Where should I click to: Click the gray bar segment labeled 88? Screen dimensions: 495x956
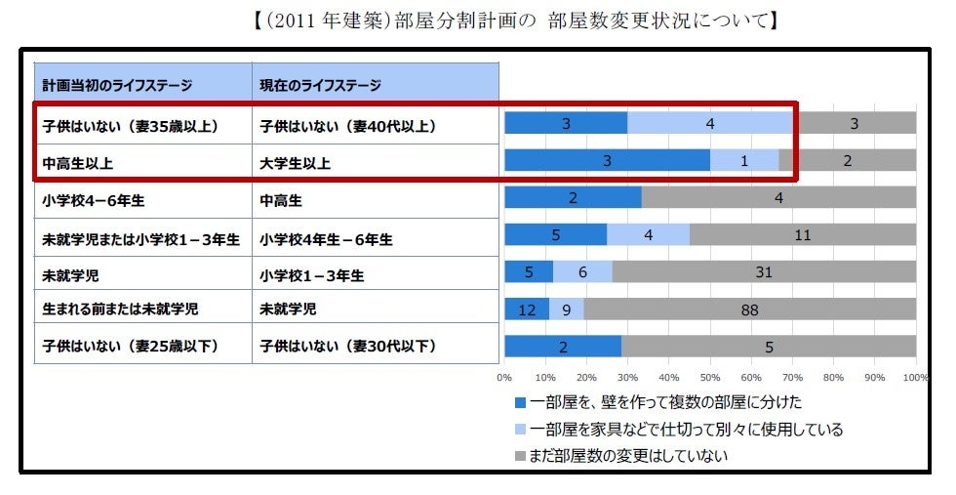749,309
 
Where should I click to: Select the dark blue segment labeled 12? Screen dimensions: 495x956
527,309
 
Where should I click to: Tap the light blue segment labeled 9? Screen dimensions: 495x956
566,309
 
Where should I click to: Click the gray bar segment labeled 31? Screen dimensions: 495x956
763,272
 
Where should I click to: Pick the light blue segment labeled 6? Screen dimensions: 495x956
582,272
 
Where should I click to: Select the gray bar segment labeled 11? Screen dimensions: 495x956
802,235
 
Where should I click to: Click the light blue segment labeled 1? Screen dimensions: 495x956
743,161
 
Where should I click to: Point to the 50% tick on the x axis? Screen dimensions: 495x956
710,376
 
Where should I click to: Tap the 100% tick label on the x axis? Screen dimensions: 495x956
914,376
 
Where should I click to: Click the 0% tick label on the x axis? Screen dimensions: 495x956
505,376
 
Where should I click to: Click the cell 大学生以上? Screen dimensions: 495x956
296,163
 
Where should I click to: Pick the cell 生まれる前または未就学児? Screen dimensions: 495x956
119,310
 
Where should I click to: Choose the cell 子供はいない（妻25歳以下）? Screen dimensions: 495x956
131,347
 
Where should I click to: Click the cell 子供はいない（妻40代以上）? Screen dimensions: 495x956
348,126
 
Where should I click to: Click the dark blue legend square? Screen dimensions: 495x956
520,402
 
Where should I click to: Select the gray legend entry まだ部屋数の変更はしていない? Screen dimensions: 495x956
630,455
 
